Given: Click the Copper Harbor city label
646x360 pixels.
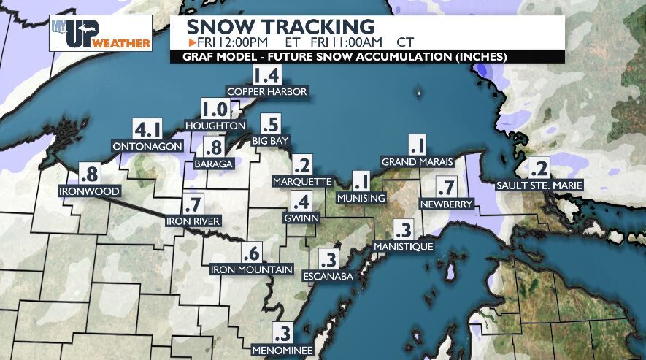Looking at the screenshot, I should click(x=267, y=91).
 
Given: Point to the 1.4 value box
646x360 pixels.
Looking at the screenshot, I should click(x=266, y=75).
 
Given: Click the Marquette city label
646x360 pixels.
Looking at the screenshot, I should click(x=301, y=180).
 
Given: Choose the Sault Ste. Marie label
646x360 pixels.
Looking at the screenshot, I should click(x=539, y=185).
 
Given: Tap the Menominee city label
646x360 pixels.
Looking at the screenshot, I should click(x=282, y=351).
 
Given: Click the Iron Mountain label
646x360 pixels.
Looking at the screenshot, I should click(x=252, y=269).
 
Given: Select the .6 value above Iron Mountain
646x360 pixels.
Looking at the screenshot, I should click(x=252, y=253).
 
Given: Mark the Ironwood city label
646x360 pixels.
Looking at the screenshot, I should click(x=89, y=191).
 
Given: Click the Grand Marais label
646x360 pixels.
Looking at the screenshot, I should click(x=418, y=161).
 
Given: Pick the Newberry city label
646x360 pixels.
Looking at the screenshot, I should click(x=447, y=204).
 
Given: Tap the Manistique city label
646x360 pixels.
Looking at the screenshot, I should click(x=404, y=247).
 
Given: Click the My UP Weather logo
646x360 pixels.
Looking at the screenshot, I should click(x=101, y=34).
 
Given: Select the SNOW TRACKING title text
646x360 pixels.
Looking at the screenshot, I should click(x=280, y=28).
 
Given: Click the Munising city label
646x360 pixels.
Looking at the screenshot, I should click(x=361, y=198).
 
